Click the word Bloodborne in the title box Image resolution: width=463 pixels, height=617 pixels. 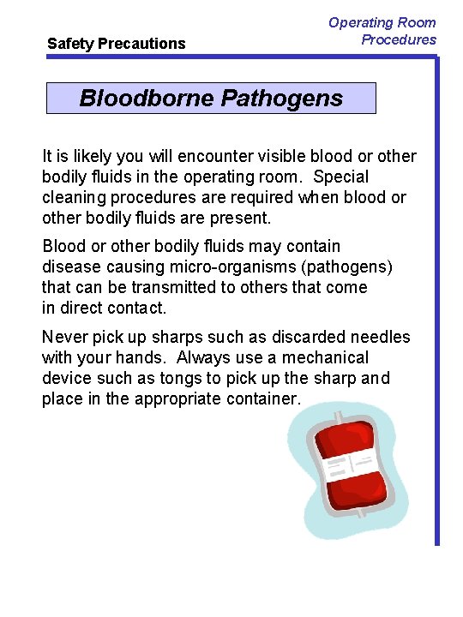pos(147,98)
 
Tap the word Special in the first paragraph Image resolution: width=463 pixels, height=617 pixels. pos(341,177)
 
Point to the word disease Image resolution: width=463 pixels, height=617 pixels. pos(71,267)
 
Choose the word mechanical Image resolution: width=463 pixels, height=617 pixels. pos(325,357)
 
